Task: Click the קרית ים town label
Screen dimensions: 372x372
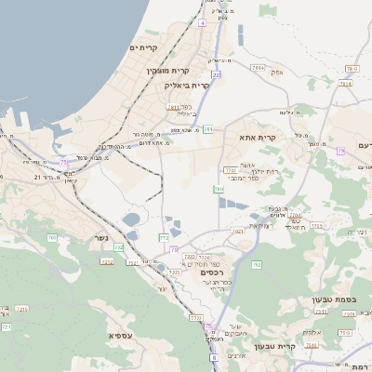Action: (x=145, y=47)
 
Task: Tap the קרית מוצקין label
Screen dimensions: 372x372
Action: (x=167, y=71)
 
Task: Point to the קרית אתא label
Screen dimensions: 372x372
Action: (x=253, y=137)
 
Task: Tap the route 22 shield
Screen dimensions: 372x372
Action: (x=215, y=74)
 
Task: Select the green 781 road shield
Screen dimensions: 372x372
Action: (x=207, y=129)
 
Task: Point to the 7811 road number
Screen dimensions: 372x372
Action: (x=172, y=107)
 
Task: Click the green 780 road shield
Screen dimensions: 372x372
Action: (x=219, y=189)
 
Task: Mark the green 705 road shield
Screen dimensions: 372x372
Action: (x=52, y=238)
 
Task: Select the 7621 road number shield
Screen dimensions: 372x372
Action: (x=237, y=231)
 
